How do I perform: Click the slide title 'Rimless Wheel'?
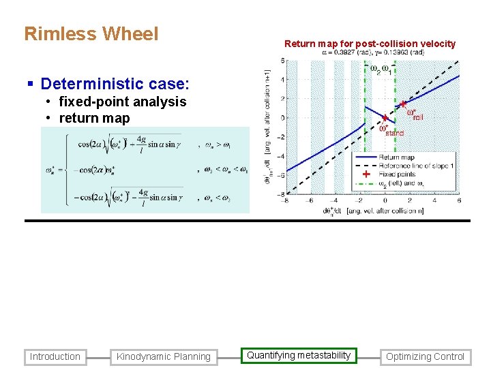coord(91,34)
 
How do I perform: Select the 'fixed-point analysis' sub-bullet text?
coord(123,102)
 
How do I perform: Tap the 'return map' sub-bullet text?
coord(94,118)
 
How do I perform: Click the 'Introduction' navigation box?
coord(55,356)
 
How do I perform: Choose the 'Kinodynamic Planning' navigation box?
coord(164,356)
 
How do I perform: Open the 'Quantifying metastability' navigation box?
coord(299,355)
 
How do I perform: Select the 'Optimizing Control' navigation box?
coord(425,356)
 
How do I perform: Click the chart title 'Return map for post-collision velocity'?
coord(370,44)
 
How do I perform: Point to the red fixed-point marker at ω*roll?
coord(404,104)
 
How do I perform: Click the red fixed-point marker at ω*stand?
coord(385,118)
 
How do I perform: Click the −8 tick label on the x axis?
coord(286,200)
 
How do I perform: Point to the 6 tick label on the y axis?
coord(282,61)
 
